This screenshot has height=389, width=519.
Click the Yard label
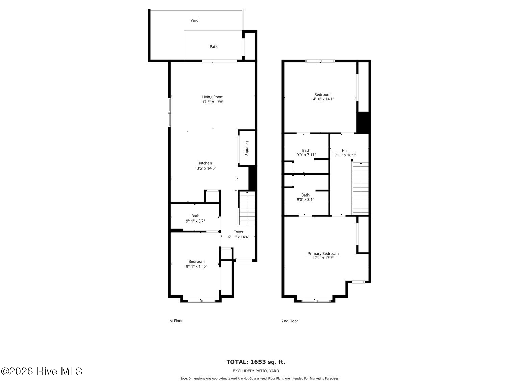(194, 20)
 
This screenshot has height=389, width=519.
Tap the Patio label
(214, 47)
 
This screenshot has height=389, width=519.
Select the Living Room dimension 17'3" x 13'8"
(213, 102)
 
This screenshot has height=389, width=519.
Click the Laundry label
(247, 148)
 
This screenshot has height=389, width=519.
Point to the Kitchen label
(205, 163)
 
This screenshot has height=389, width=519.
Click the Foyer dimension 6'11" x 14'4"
(239, 237)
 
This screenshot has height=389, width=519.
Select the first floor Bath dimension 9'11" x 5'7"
(195, 221)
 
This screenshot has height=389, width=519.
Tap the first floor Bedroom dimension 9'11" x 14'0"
(196, 266)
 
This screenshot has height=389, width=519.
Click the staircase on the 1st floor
(247, 208)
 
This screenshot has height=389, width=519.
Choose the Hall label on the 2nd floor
(345, 151)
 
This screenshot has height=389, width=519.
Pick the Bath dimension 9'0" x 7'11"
(306, 155)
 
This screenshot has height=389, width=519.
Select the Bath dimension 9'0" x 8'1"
(305, 200)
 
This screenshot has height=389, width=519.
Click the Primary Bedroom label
(323, 253)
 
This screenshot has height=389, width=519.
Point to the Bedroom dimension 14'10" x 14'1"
(322, 99)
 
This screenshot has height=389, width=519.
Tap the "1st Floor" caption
(175, 321)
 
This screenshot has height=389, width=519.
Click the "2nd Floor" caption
(290, 321)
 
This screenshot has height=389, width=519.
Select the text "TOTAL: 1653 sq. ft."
(256, 362)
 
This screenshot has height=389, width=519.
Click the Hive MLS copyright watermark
(42, 371)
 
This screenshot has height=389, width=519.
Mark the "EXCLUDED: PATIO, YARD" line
(256, 371)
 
